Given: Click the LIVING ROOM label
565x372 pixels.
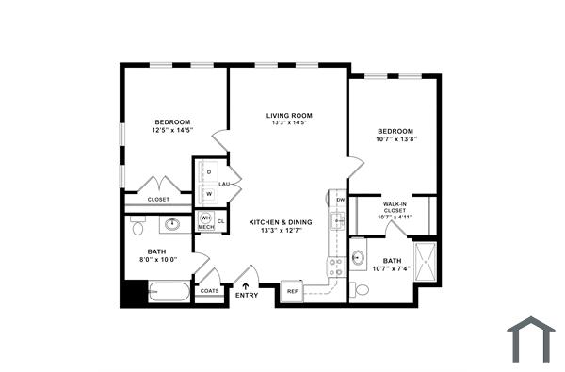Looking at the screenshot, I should pos(289,115).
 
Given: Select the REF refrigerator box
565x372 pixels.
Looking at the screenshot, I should pos(292,292).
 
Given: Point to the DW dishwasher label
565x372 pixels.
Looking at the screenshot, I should pos(341,200).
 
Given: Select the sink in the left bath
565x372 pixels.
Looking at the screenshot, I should pos(173,224).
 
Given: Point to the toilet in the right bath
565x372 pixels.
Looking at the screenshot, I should pos(359,290).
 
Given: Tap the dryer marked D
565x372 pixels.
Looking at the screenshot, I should pos(208,172).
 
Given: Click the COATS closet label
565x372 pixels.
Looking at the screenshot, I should pos(209,291).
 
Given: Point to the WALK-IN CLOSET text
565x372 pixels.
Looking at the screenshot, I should pos(395,208).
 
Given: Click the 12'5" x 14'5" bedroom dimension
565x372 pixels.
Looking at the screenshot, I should pos(172,132).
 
